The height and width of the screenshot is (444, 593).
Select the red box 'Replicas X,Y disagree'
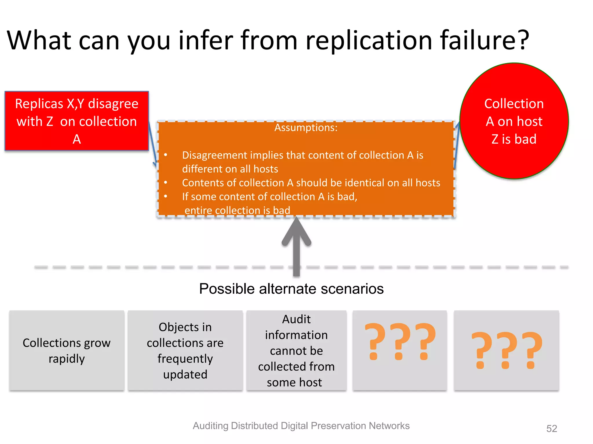pos(77,121)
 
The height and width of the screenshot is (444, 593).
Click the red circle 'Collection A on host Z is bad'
pos(514,121)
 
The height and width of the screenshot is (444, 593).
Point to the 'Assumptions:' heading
pos(306,127)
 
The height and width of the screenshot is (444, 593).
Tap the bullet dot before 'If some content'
pos(166,196)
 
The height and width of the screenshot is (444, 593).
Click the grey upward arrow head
pos(296,231)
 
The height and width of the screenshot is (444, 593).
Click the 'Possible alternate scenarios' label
pos(291,288)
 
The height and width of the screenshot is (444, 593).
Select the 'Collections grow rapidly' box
pos(67,350)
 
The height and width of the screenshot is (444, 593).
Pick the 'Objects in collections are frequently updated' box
pos(185,350)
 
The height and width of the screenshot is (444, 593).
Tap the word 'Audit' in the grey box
pos(296,319)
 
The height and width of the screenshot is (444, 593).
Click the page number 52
pos(552,428)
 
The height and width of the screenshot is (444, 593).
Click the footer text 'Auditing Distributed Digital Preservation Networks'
pos(301,426)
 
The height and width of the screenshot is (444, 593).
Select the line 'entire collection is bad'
pos(237,210)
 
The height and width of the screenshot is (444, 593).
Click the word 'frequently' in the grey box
pos(185,359)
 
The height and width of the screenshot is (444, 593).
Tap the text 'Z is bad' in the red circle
pos(514,139)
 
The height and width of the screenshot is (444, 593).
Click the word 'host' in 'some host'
pos(310,382)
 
